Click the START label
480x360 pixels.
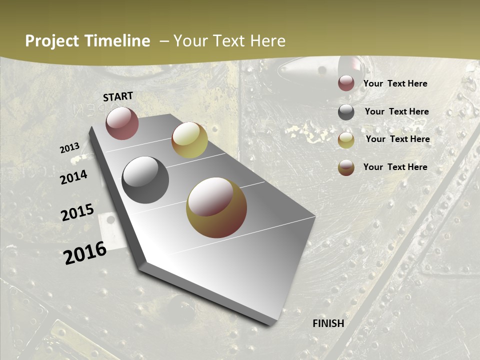pos(118,96)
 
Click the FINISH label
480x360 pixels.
pos(328,323)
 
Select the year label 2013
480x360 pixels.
pos(69,148)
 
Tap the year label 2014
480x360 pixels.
pos(74,177)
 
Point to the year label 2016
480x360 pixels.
pos(85,253)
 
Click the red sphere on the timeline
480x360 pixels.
pos(122,123)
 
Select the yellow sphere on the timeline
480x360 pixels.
pos(189,140)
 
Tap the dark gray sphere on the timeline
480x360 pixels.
pos(145,179)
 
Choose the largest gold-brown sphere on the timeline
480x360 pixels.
pos(216,207)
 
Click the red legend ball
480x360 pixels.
pos(346,83)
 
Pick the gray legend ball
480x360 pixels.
pos(346,112)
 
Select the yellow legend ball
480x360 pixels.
pos(346,140)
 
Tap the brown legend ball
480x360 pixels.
pos(346,167)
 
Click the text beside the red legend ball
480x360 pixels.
pos(395,84)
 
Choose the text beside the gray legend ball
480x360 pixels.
pos(396,111)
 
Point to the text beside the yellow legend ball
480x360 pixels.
pos(397,139)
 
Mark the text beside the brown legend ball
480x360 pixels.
pos(395,167)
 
